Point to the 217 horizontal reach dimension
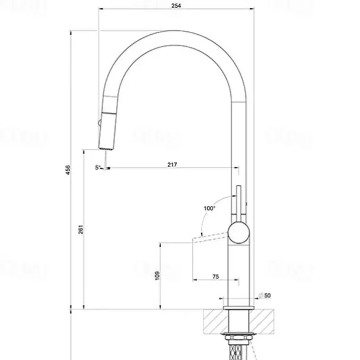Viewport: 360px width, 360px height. pyautogui.click(x=172, y=164)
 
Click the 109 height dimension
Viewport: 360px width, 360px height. pyautogui.click(x=156, y=276)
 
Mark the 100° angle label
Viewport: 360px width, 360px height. pyautogui.click(x=209, y=208)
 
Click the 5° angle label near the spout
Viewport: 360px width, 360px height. pyautogui.click(x=97, y=168)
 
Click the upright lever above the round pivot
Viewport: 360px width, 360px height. pyautogui.click(x=240, y=201)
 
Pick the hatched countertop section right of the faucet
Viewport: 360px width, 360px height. pyautogui.click(x=264, y=320)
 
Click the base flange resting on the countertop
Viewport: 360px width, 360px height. pyautogui.click(x=239, y=307)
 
